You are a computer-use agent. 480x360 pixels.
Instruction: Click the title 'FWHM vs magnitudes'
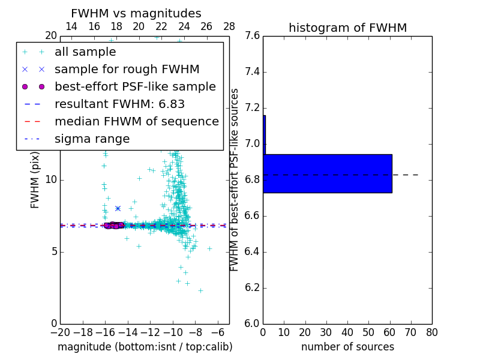point(136,13)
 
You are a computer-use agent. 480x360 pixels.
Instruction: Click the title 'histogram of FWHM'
point(347,28)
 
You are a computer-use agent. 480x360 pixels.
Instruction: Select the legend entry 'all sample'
point(85,52)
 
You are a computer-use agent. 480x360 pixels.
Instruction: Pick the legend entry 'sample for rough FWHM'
point(127,70)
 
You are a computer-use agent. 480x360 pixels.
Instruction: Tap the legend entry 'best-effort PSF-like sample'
point(135,87)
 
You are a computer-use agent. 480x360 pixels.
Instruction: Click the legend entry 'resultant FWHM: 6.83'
point(119,104)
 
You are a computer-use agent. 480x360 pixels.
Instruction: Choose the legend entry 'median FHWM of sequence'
point(136,122)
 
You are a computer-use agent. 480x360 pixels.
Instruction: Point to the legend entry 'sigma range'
point(92,139)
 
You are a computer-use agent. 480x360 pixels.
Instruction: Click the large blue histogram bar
point(328,173)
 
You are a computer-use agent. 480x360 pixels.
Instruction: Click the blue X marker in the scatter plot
point(118,208)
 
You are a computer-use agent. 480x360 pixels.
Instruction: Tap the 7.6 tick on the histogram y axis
point(253,36)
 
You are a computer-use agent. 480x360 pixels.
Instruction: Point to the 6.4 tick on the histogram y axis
point(253,252)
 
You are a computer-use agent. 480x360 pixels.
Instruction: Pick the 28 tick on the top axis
point(229,26)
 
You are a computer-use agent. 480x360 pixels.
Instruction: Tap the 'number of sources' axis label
point(347,347)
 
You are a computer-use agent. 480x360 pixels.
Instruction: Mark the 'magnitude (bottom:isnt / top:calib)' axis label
point(145,347)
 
